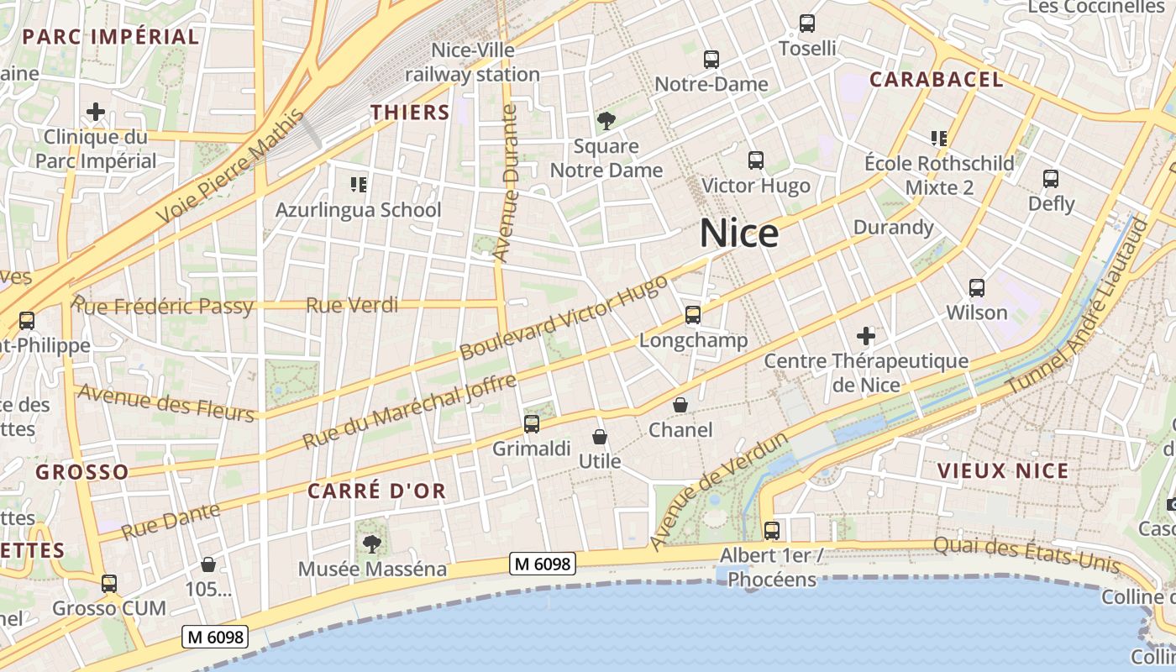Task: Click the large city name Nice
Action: pos(738,233)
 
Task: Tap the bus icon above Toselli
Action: pos(807,24)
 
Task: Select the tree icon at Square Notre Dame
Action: pos(606,121)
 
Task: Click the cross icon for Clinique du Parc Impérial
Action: pos(96,112)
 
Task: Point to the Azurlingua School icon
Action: pos(359,184)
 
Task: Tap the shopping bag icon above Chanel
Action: pos(680,405)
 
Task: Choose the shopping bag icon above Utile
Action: pos(600,437)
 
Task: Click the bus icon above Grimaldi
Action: pos(532,424)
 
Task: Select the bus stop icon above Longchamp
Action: pos(693,315)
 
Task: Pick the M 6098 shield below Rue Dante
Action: pos(215,638)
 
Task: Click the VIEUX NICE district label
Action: pos(1003,470)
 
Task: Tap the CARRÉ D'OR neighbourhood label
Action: pos(377,491)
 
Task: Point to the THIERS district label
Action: pos(411,113)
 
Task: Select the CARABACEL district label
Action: pos(936,80)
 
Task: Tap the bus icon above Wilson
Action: pos(977,288)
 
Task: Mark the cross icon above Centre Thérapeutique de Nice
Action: pos(866,336)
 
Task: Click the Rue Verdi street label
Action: pos(352,305)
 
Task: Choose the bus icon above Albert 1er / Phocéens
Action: pos(772,531)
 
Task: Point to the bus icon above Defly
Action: pos(1051,178)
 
